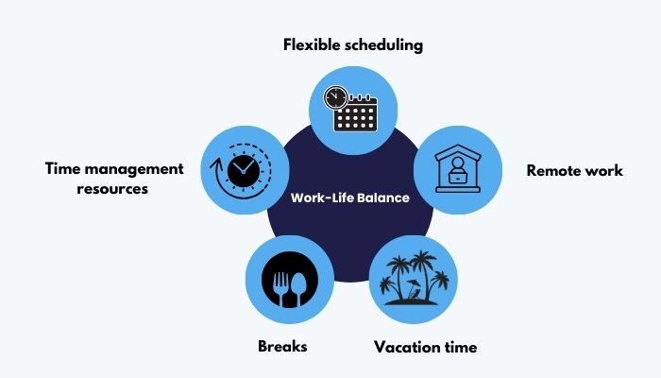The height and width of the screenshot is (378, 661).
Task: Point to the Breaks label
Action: tap(282, 347)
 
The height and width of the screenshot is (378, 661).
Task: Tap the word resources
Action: tap(112, 189)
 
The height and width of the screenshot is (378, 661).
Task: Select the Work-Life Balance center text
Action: tap(350, 198)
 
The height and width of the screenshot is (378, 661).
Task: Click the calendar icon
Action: tap(355, 113)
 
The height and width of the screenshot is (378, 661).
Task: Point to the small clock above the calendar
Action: tap(335, 98)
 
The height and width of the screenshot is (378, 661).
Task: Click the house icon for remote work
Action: tap(458, 169)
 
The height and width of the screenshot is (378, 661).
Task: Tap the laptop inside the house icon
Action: tap(457, 178)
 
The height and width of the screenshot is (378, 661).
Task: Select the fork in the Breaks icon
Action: tap(280, 288)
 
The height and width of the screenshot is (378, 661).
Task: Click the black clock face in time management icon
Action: tap(244, 171)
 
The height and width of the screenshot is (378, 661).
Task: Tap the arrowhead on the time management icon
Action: tap(216, 164)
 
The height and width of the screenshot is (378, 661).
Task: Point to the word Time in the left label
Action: tap(63, 168)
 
